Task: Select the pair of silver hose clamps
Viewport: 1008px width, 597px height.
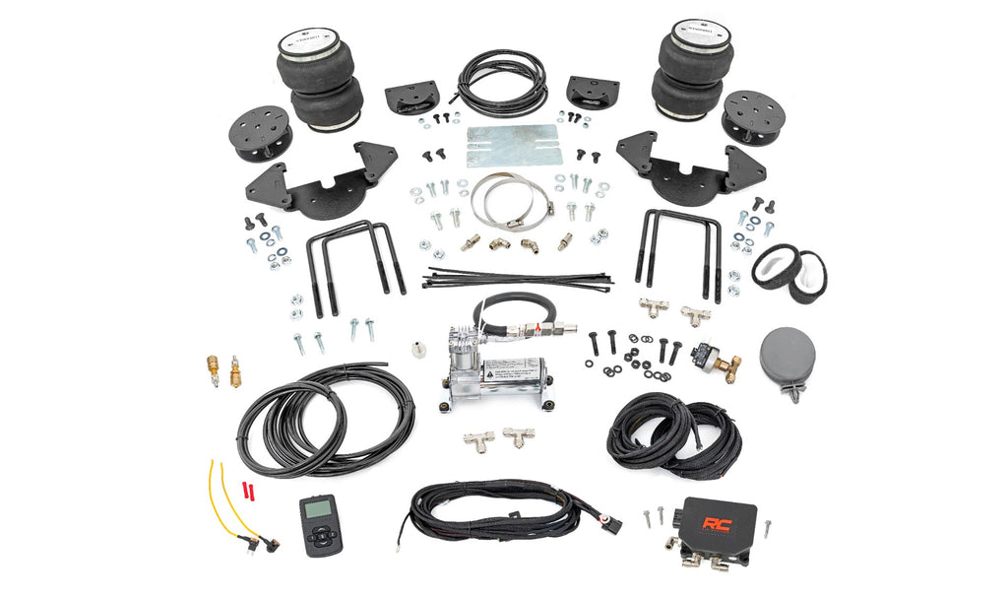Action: point(507,197)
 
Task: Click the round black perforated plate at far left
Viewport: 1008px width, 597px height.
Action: point(262,133)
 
